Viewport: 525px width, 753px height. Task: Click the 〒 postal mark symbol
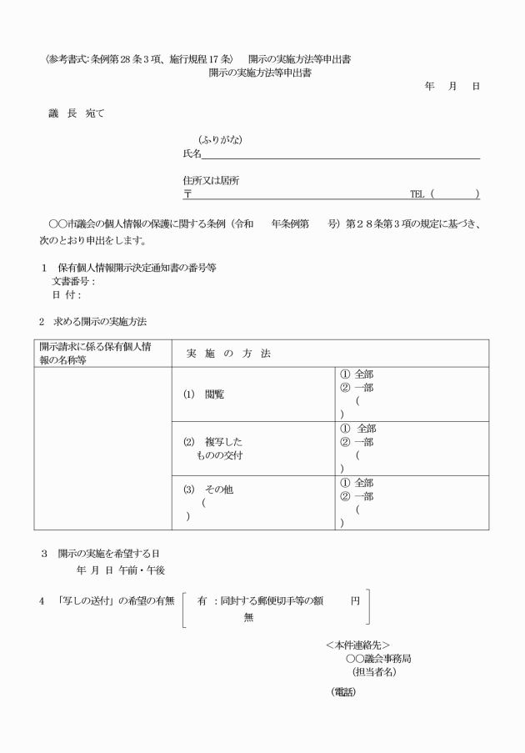187,194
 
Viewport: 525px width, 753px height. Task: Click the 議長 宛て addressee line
76,113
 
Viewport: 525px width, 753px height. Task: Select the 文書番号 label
73,281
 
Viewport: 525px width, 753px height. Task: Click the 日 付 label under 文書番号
67,294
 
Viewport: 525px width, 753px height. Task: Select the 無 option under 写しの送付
248,617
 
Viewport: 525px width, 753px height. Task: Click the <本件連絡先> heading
357,645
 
